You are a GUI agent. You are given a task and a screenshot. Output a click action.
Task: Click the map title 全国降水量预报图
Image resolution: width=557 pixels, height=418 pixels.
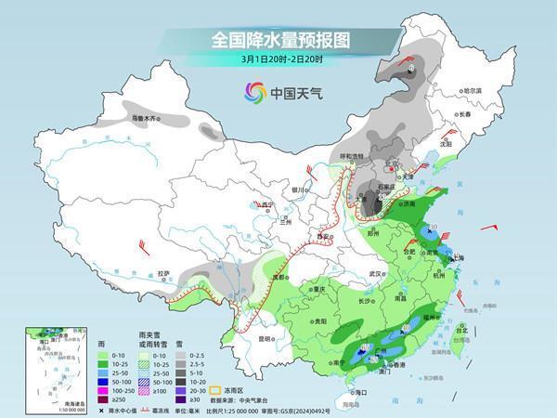coord(278,41)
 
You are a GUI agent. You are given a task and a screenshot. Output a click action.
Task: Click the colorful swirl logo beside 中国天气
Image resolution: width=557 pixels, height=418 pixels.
coord(254,92)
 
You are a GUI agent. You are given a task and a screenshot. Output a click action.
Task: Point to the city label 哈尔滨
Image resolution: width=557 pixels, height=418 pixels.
coord(472,90)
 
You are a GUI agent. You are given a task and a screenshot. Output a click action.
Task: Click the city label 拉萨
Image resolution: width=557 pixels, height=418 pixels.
coord(163,273)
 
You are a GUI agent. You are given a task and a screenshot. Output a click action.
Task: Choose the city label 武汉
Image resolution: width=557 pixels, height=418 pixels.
coord(376,274)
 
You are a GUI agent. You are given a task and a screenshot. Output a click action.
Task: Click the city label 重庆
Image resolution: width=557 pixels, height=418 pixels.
coord(320,289)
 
